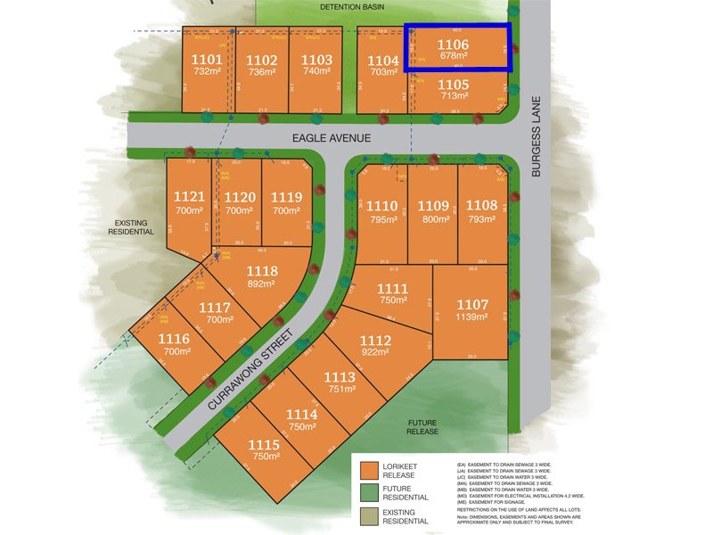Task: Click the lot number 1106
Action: (x=452, y=43)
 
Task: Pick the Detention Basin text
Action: (x=351, y=6)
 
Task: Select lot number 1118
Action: (x=262, y=271)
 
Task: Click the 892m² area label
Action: (x=262, y=284)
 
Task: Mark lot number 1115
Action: (x=265, y=444)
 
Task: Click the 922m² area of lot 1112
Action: (x=375, y=352)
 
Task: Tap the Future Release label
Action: (x=423, y=427)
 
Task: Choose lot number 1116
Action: (x=175, y=339)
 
